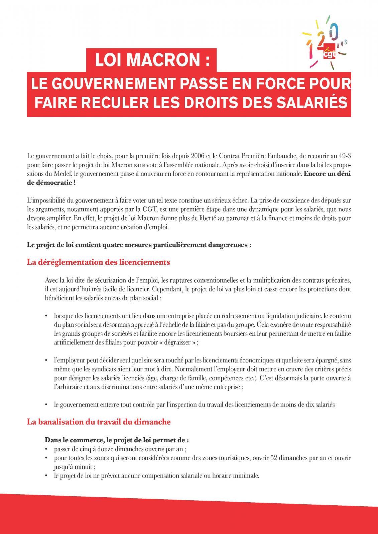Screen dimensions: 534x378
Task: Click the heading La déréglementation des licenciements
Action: [98, 262]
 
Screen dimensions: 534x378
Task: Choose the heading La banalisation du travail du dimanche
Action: [99, 422]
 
